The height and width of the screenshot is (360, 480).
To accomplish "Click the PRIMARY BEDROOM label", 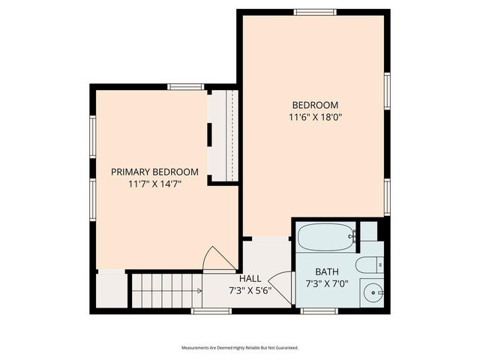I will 154,172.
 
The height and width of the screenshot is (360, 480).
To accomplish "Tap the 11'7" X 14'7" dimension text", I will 154,183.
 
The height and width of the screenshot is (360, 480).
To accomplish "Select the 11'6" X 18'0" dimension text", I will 315,117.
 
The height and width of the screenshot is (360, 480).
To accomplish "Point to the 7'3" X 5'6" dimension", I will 250,290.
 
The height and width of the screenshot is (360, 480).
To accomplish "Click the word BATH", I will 326,271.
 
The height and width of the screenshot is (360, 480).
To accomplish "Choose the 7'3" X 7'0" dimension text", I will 326,283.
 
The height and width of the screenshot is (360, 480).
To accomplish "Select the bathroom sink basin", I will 373,292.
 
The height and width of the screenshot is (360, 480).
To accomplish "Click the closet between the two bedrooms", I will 223,135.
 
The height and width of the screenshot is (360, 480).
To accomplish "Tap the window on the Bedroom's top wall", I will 314,11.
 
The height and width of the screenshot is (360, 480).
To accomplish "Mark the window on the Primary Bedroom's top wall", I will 186,87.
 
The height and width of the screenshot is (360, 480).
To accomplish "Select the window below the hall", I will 211,310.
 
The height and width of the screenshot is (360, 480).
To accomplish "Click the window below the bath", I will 319,310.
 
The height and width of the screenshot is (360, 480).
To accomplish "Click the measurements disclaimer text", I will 240,348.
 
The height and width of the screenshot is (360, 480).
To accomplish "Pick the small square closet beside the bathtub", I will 368,231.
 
